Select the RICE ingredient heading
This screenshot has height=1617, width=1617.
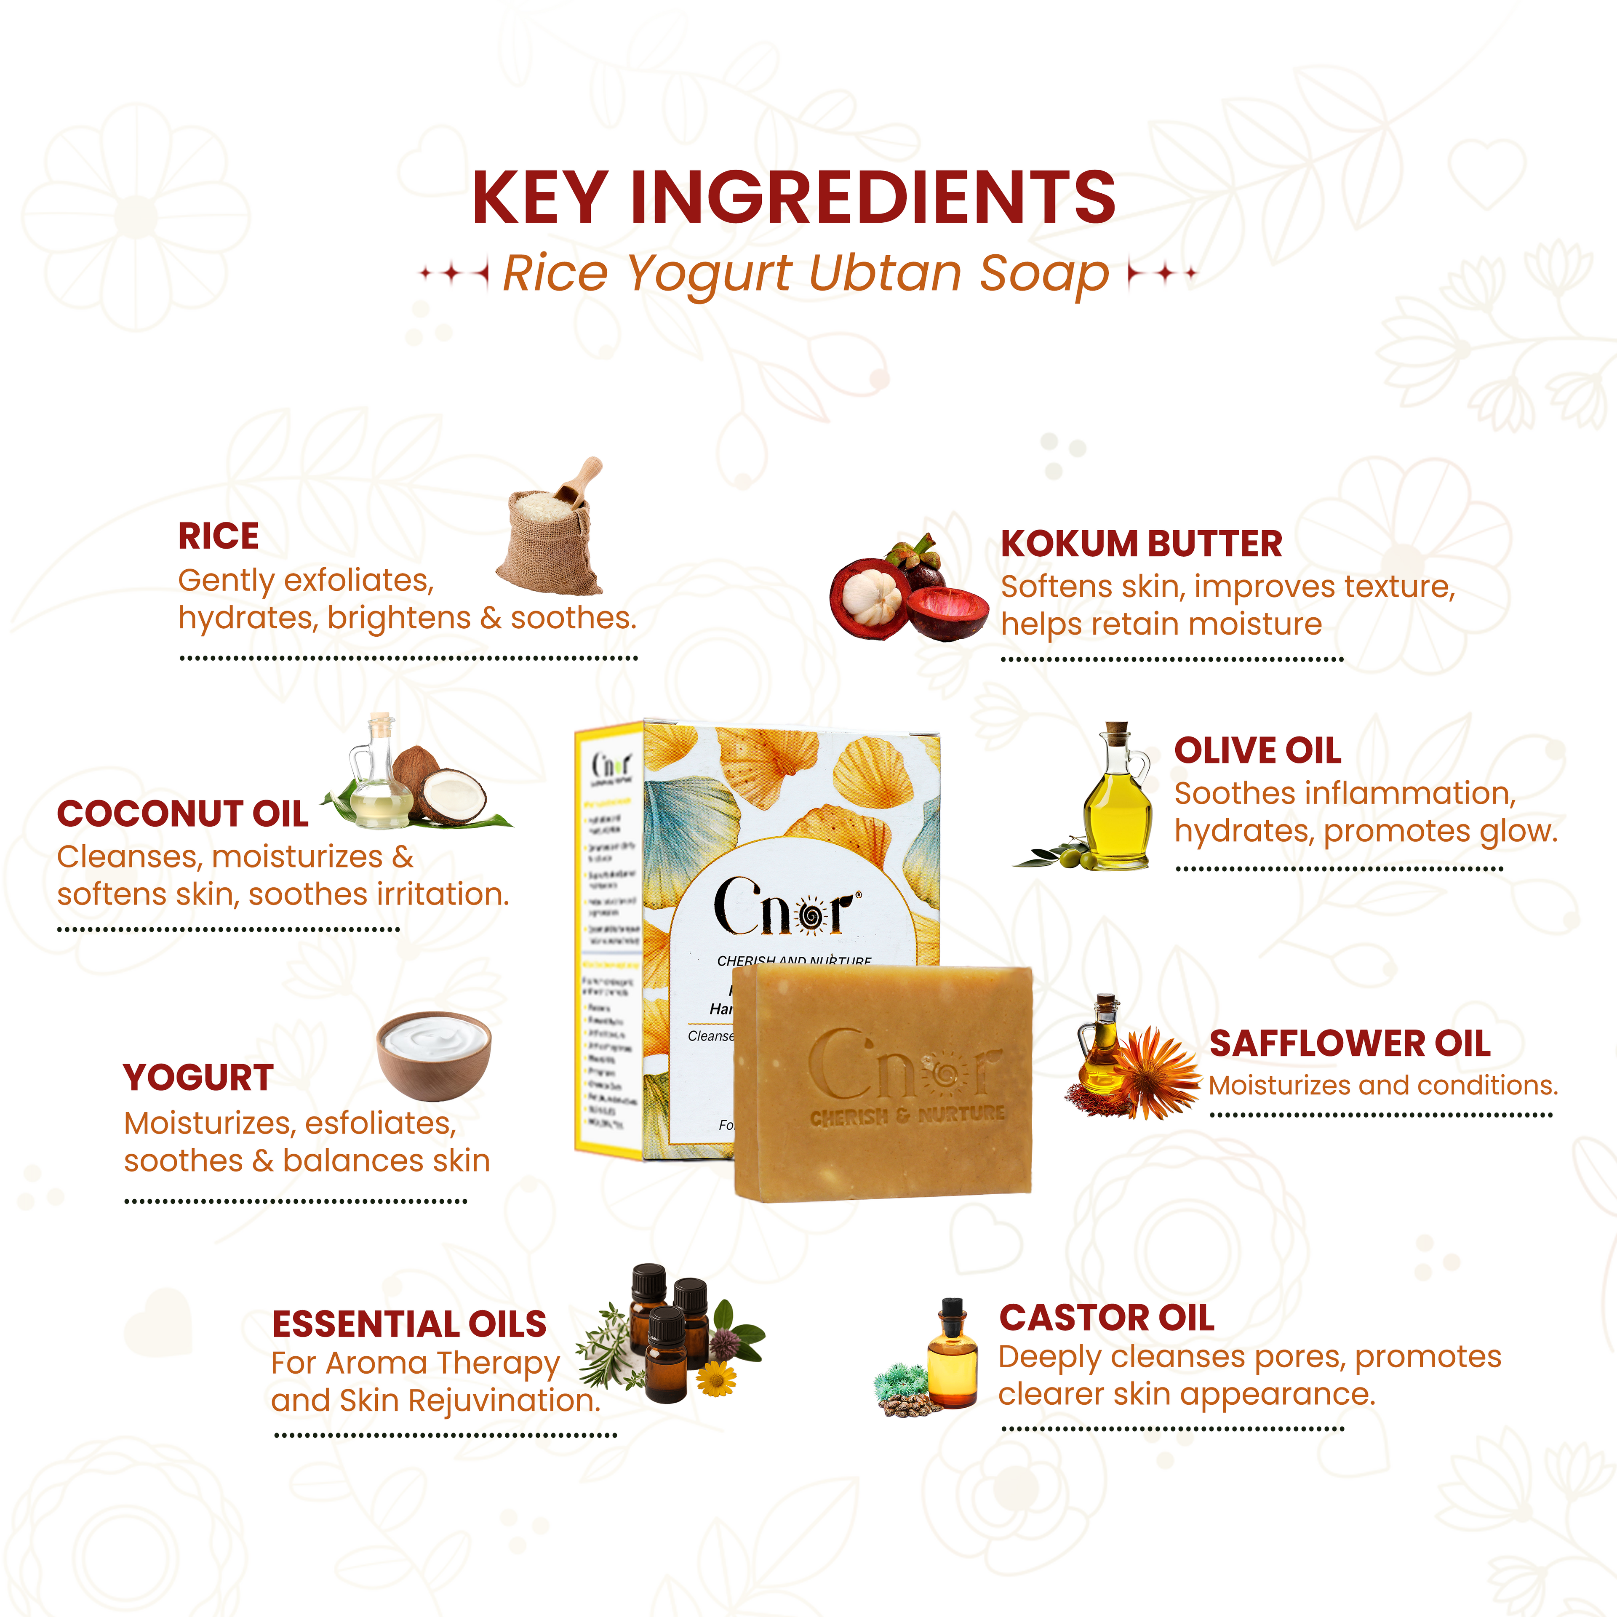(219, 536)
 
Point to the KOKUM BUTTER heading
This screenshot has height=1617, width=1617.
(1141, 544)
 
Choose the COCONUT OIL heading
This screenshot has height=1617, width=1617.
(182, 814)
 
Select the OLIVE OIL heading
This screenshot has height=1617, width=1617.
(1257, 751)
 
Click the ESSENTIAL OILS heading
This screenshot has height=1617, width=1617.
(409, 1324)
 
